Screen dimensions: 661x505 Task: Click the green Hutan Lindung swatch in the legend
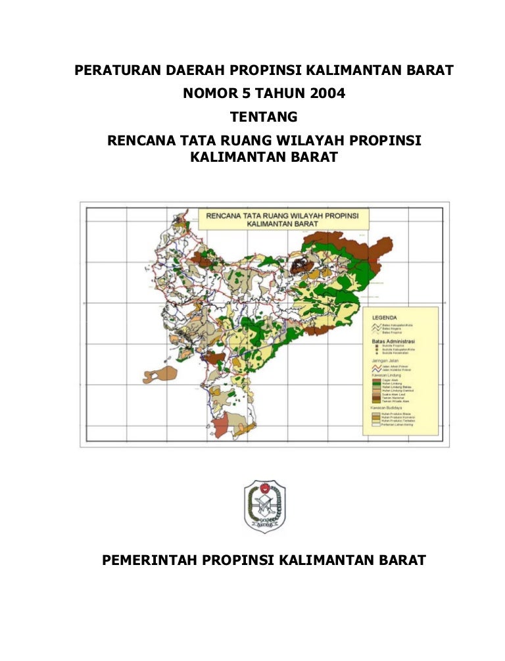coord(375,384)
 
